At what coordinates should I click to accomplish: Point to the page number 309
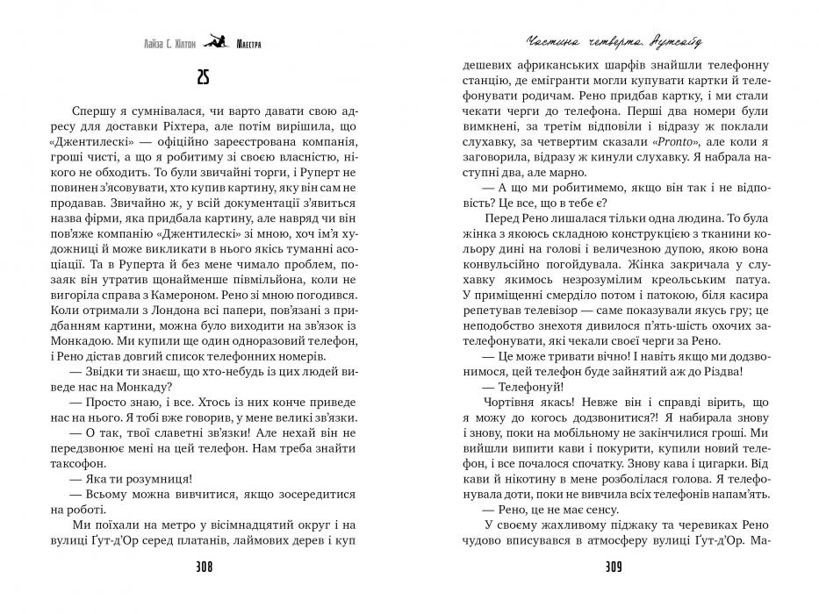(x=613, y=566)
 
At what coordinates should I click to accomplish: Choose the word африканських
(x=551, y=65)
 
